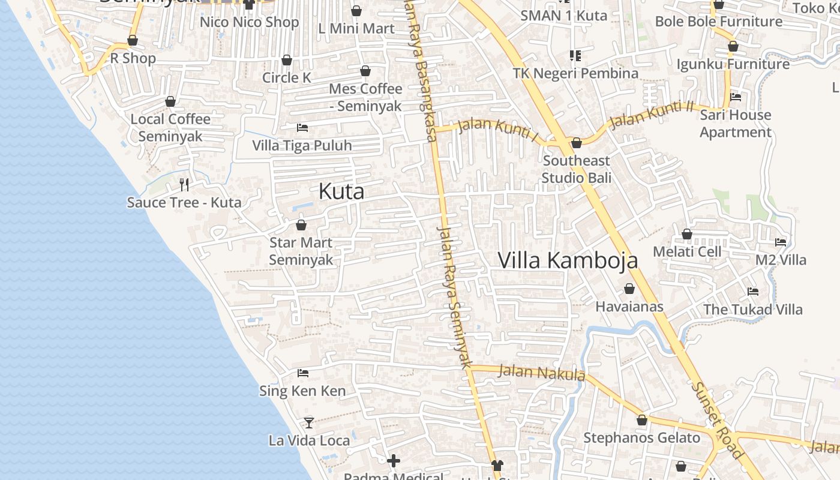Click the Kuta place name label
pos(341,191)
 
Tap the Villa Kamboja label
pos(568,260)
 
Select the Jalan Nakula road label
pos(542,373)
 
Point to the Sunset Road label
pos(717,420)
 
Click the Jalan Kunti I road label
pos(497,130)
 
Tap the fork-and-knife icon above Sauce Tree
pos(184,184)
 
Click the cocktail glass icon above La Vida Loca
pos(308,422)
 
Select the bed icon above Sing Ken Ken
pos(303,373)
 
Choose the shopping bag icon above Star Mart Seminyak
pos(301,225)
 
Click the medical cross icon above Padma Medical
pos(394,461)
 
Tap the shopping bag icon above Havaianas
pos(629,289)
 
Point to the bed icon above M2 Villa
pos(781,242)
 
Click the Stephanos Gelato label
pos(642,438)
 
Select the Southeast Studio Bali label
pos(577,169)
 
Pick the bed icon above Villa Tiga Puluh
pos(302,128)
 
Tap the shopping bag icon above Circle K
pos(287,60)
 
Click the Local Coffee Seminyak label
pos(171,127)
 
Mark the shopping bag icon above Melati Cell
pos(687,234)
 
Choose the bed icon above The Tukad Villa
pos(753,292)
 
